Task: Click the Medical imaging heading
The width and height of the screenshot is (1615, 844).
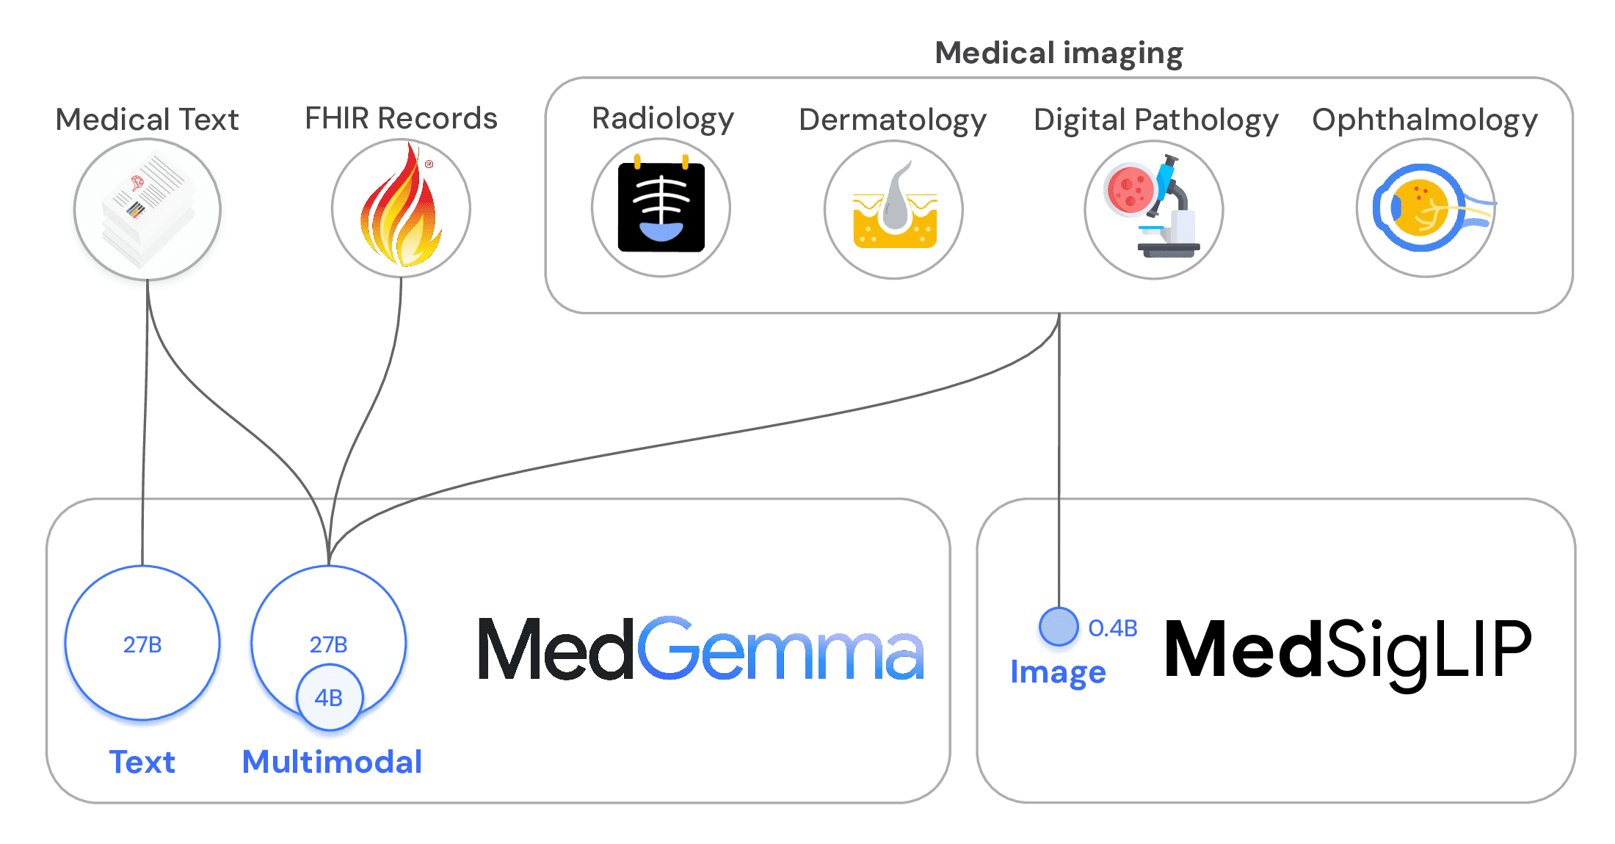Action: pyautogui.click(x=1059, y=54)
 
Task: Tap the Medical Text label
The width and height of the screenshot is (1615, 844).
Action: pyautogui.click(x=148, y=120)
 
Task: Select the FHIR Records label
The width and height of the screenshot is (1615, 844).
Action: pyautogui.click(x=401, y=118)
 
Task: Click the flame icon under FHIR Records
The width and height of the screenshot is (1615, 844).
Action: pyautogui.click(x=401, y=208)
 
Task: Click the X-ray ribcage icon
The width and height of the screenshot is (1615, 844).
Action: pyautogui.click(x=661, y=208)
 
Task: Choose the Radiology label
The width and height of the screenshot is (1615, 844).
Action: pyautogui.click(x=662, y=119)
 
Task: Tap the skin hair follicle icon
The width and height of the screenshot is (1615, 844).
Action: pyautogui.click(x=894, y=210)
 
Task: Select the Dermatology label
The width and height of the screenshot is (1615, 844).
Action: pyautogui.click(x=893, y=120)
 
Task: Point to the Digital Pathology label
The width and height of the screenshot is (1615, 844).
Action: pyautogui.click(x=1155, y=120)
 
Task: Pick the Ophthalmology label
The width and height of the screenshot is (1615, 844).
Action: pyautogui.click(x=1425, y=120)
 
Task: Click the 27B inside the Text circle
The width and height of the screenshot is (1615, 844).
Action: pyautogui.click(x=142, y=644)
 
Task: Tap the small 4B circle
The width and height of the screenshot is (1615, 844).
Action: pyautogui.click(x=329, y=697)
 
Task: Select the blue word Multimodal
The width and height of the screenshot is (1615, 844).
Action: pyautogui.click(x=332, y=762)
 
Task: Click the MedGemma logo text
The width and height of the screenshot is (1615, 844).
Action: pyautogui.click(x=700, y=649)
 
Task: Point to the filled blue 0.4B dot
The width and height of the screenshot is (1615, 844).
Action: pyautogui.click(x=1059, y=627)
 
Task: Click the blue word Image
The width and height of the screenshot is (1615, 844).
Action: pyautogui.click(x=1058, y=672)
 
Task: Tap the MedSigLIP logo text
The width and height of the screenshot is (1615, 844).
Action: pyautogui.click(x=1348, y=649)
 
